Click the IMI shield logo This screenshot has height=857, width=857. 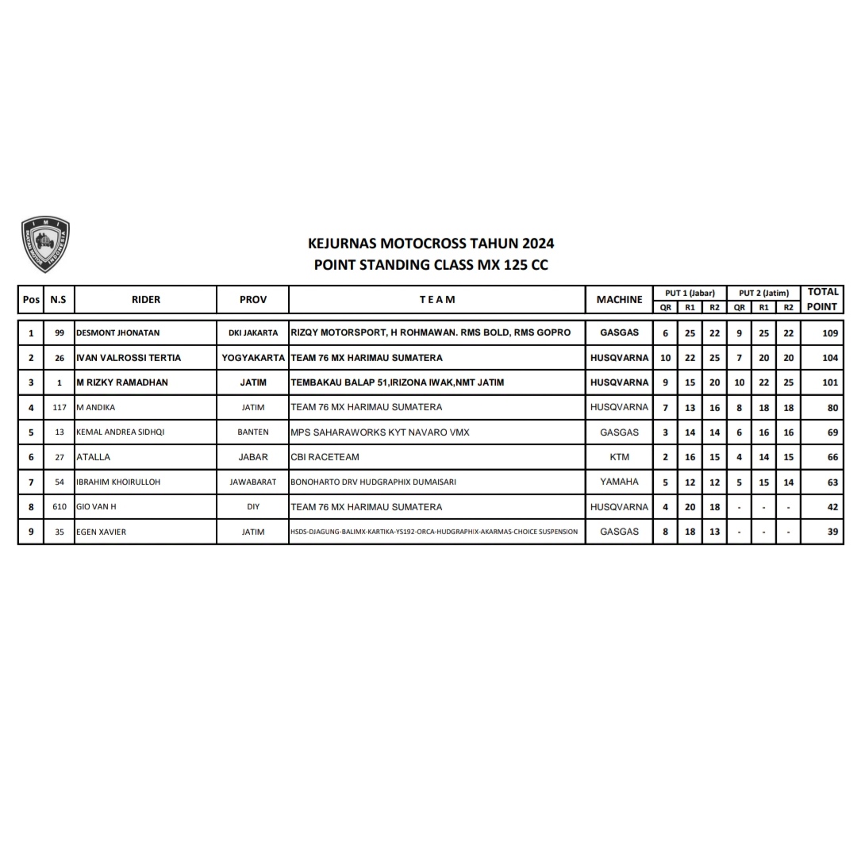click(x=45, y=244)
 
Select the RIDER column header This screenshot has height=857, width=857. click(x=146, y=299)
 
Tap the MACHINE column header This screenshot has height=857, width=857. click(x=619, y=299)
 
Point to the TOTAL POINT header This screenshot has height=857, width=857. click(x=822, y=299)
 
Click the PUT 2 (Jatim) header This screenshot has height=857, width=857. click(x=763, y=293)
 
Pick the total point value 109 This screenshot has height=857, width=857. click(x=829, y=333)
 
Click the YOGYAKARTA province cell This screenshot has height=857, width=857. click(x=253, y=358)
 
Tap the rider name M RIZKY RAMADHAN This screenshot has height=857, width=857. click(x=122, y=382)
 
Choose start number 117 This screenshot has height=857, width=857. click(x=60, y=408)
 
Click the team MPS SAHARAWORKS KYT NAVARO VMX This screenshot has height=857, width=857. click(x=380, y=432)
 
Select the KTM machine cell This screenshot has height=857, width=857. click(x=619, y=457)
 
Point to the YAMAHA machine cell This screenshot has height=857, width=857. click(x=619, y=482)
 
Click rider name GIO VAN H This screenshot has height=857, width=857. click(x=96, y=507)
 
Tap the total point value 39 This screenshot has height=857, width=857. click(x=832, y=532)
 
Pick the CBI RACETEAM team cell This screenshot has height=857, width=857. click(x=325, y=457)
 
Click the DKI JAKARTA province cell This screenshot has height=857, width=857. click(x=253, y=333)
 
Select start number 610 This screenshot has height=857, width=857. click(x=60, y=507)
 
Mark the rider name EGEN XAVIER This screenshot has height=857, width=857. click(x=101, y=532)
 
